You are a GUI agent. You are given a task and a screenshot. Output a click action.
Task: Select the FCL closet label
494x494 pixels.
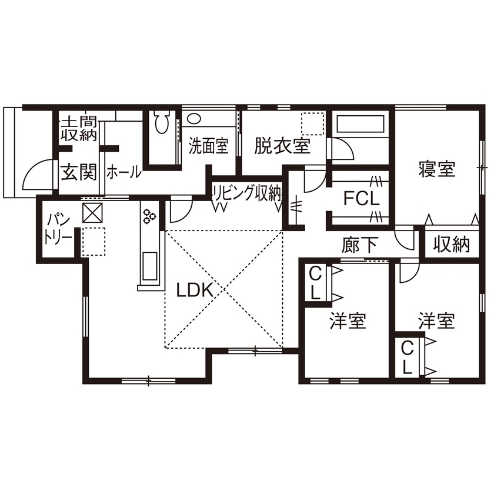pos(362,199)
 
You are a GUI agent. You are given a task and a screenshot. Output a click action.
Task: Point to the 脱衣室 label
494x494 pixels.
pos(282,146)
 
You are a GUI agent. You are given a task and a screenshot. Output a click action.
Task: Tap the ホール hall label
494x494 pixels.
pos(123,172)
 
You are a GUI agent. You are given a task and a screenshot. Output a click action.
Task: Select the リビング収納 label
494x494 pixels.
pos(246,192)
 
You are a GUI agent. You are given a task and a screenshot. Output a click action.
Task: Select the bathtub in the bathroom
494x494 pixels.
pos(360,125)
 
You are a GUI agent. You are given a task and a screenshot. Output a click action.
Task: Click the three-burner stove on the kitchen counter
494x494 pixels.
pos(149,216)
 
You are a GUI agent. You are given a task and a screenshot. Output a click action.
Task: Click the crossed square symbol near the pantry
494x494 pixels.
pos(93,212)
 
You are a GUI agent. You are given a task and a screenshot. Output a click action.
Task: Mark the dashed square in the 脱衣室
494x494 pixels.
pos(312,124)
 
